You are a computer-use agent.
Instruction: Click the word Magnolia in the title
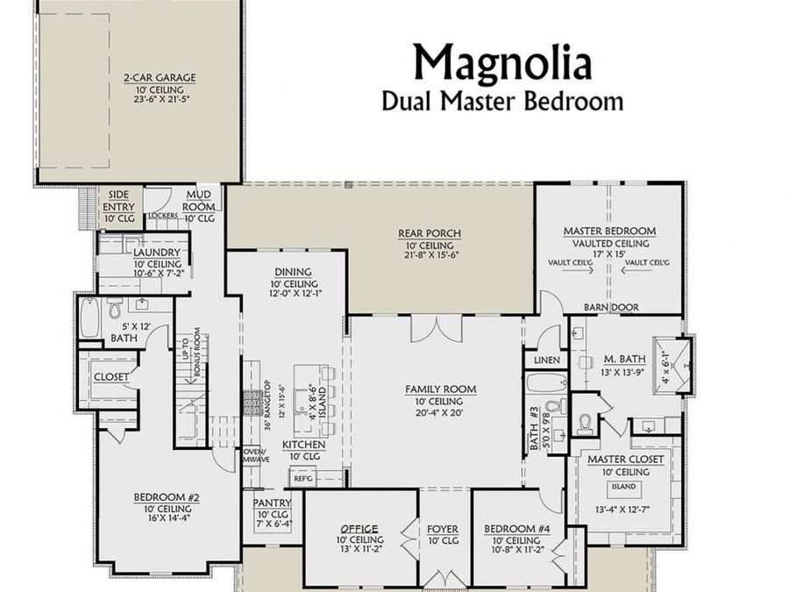click(x=502, y=61)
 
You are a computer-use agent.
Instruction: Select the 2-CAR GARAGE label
click(x=159, y=77)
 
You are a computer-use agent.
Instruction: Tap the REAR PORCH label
click(x=430, y=233)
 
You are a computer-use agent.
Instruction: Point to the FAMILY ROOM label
click(x=440, y=389)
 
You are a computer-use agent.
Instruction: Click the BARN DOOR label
click(x=611, y=307)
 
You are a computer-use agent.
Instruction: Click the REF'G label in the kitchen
click(x=303, y=478)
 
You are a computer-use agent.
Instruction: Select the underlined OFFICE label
click(x=359, y=529)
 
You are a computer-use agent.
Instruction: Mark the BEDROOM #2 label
click(x=167, y=497)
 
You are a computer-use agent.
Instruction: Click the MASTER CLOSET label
click(x=625, y=459)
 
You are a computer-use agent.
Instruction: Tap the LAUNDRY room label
click(x=157, y=253)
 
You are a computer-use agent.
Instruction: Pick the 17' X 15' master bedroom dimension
click(x=608, y=253)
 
